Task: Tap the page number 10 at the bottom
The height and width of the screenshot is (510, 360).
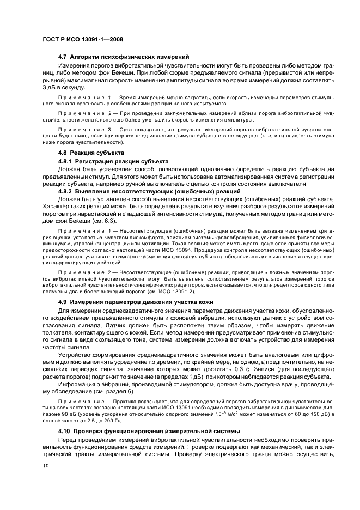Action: point(46,465)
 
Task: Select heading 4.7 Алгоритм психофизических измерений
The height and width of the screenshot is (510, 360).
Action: point(124,56)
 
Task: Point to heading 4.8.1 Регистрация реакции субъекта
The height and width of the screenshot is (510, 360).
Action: point(113,161)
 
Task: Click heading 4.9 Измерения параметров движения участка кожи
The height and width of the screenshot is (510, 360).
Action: point(143,301)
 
